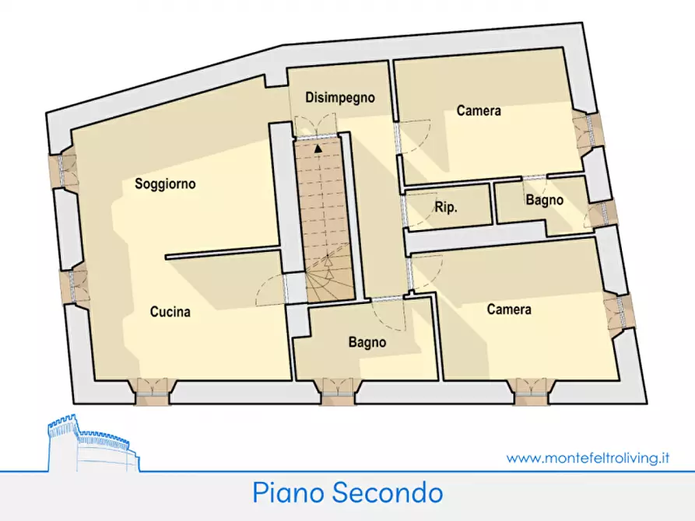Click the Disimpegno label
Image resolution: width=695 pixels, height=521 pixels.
point(339,98)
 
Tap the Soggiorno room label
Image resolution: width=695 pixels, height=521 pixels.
point(165,184)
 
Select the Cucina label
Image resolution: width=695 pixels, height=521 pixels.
point(170,313)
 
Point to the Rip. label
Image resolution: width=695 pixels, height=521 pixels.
point(446,208)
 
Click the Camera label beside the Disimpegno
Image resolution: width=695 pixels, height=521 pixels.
point(479,111)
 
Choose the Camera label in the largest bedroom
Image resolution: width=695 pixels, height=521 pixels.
point(509,309)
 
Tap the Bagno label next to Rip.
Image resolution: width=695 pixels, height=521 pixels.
point(544,201)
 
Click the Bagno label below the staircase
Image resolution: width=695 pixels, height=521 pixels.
point(367,341)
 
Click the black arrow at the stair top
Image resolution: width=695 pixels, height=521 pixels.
point(318,146)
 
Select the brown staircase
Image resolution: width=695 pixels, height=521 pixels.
point(322,218)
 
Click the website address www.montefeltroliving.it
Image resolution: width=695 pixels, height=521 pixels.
point(588,458)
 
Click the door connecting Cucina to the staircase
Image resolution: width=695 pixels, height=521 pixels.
point(287,288)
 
